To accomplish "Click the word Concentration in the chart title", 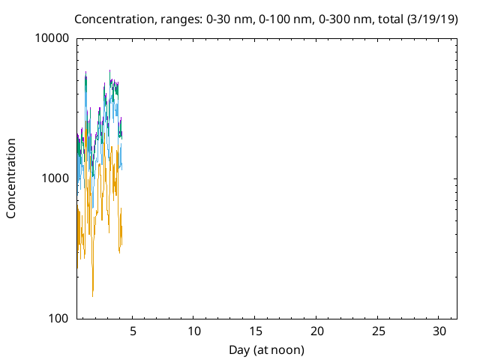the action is click(114, 19).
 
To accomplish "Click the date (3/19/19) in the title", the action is click(432, 19).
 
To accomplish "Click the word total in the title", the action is click(391, 19).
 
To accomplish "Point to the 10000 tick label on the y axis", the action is click(52, 38).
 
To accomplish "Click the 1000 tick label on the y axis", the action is click(55, 178).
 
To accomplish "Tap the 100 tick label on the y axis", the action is click(58, 318).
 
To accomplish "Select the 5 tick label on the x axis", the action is click(133, 331).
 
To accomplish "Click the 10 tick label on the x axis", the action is click(193, 331).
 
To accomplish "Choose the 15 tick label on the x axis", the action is click(255, 331).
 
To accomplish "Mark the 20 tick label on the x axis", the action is click(316, 331).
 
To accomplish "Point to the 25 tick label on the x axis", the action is click(378, 331).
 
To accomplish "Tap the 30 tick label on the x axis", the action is click(439, 331).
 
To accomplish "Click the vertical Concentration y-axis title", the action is click(11, 178).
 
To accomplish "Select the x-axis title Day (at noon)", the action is click(267, 350).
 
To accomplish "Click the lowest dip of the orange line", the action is click(92, 296).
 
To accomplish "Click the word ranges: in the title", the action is click(181, 20).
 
